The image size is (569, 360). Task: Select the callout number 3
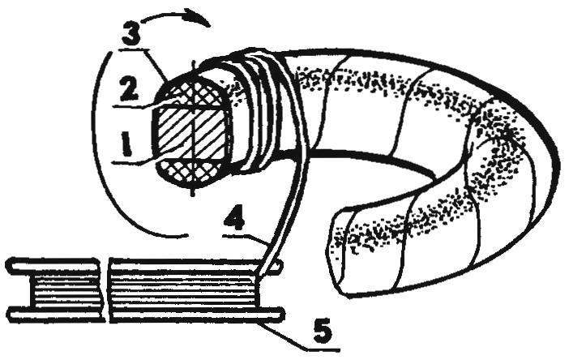coord(132,32)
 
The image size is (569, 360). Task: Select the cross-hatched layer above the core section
coord(191,92)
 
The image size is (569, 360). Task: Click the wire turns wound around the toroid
coord(262,109)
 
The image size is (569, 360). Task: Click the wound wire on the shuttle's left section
coord(65,290)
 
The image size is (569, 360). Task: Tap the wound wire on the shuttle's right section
coord(184,290)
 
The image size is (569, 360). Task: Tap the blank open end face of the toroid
coord(340,254)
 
